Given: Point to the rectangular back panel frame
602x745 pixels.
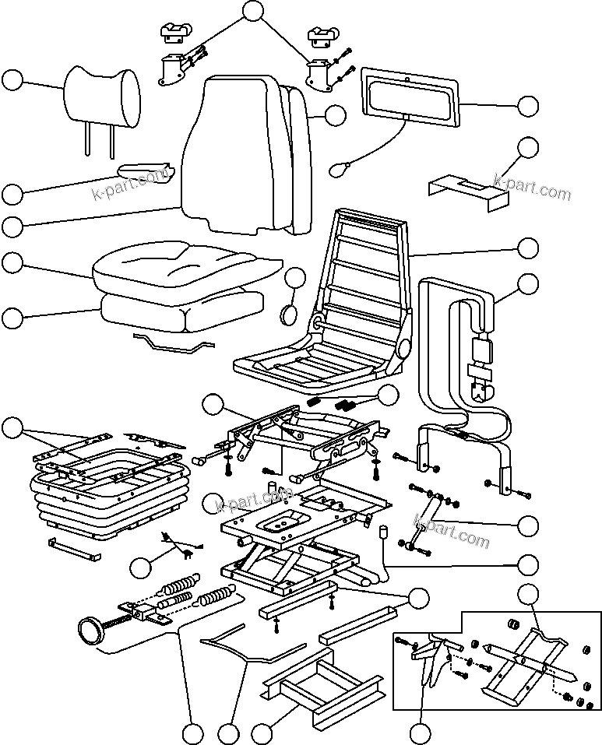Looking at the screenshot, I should pyautogui.click(x=410, y=97).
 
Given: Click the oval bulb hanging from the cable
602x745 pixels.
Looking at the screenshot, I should pyautogui.click(x=340, y=168).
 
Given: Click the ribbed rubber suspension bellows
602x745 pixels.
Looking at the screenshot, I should pyautogui.click(x=109, y=498).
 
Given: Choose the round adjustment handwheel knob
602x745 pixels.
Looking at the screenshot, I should pyautogui.click(x=93, y=629).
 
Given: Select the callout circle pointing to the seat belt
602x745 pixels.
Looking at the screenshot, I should pyautogui.click(x=527, y=284).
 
